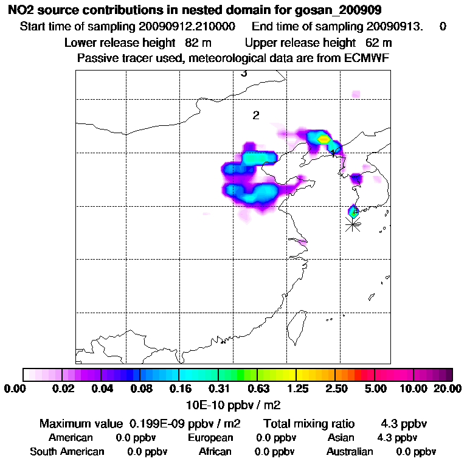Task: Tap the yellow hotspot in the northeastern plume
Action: (x=323, y=139)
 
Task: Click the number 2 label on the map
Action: (x=256, y=116)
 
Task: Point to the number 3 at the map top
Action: (x=244, y=74)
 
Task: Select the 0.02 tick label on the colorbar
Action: (x=63, y=389)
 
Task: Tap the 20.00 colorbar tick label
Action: (x=445, y=389)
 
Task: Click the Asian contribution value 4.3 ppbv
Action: (x=398, y=437)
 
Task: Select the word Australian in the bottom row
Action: (x=350, y=452)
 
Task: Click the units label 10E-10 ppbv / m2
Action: (x=233, y=404)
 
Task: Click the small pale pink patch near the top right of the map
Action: (x=356, y=93)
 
